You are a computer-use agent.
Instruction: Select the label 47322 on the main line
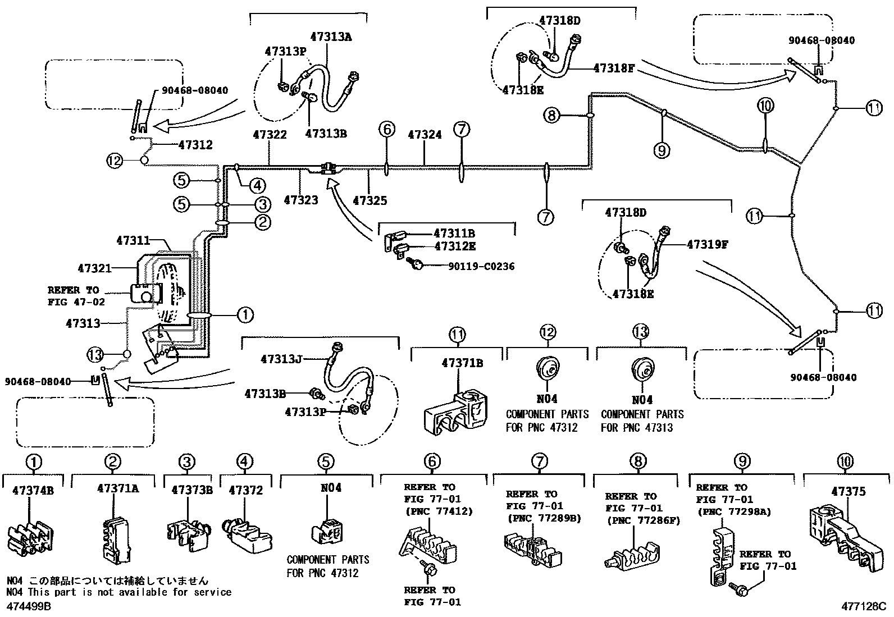tap(270, 135)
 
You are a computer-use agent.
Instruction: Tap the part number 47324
tap(425, 135)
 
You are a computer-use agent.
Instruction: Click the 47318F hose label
tap(614, 68)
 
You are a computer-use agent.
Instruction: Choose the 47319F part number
tap(707, 244)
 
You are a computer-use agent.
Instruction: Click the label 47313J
tap(282, 358)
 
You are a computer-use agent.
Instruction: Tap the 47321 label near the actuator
tap(95, 269)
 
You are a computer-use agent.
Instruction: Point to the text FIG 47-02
tap(73, 301)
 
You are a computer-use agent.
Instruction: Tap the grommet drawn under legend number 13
tap(641, 371)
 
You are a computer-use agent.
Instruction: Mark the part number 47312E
tap(454, 246)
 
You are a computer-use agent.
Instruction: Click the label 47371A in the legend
tap(118, 488)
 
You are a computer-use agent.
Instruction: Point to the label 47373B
tap(192, 490)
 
